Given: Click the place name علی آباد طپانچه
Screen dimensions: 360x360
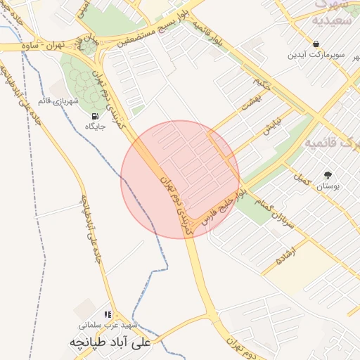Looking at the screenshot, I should [x=110, y=343].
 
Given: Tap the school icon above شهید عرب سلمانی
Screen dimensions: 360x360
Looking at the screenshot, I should [x=108, y=315].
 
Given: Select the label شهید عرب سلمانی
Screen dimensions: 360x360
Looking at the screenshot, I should [x=108, y=326].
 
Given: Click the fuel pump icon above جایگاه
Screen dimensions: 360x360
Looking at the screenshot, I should [x=95, y=116].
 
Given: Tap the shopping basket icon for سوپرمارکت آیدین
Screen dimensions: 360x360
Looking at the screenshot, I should [x=316, y=44].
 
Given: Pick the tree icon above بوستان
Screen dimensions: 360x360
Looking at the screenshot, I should [x=327, y=175].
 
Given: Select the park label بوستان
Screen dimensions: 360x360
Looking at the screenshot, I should [x=327, y=186].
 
